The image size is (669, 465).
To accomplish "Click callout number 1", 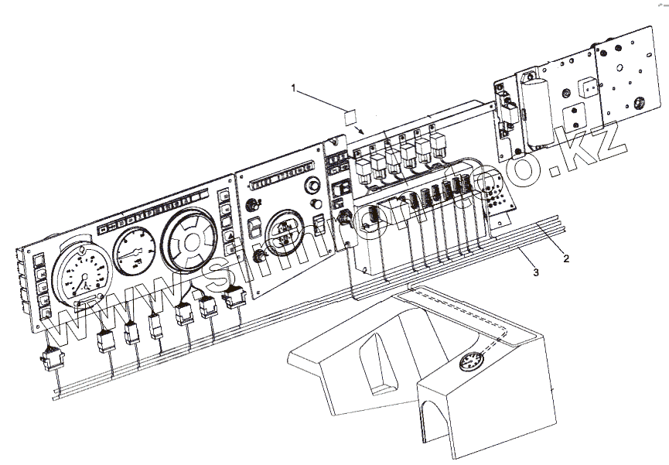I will [x=294, y=88].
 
